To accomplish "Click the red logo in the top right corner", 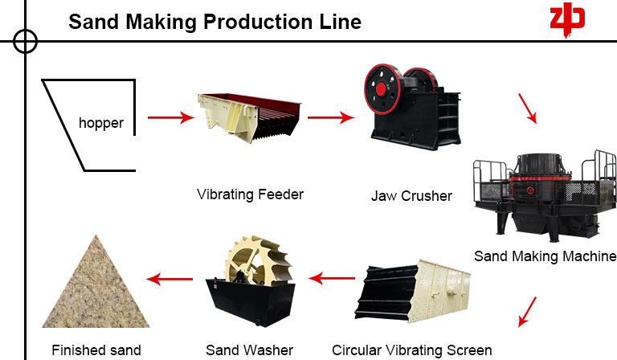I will click(x=566, y=19).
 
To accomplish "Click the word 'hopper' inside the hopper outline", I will click(x=101, y=123).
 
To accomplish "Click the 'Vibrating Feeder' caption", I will click(x=251, y=194).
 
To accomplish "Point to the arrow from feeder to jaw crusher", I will click(x=331, y=118).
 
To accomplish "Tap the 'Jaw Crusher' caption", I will click(x=411, y=196).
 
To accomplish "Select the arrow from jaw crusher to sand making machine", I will click(x=526, y=108).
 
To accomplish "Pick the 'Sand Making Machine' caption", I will click(x=545, y=256).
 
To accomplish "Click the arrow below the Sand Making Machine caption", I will click(x=527, y=310).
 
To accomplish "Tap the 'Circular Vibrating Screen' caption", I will click(x=411, y=350).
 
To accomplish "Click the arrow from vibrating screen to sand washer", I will click(x=333, y=279).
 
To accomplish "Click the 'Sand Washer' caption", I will click(x=249, y=350).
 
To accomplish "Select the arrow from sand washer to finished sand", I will click(x=170, y=279).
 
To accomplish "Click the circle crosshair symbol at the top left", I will click(x=26, y=40).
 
